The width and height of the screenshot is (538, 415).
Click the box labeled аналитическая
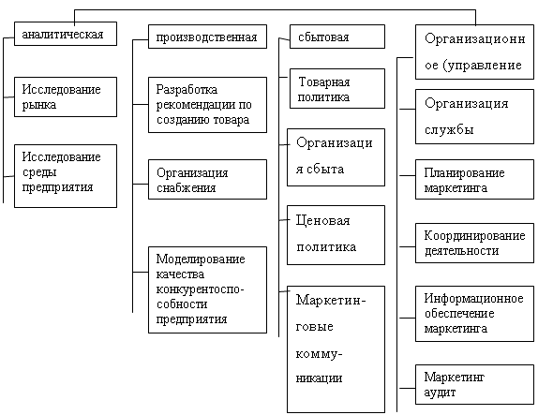pyautogui.click(x=66, y=34)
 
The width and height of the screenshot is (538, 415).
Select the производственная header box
pyautogui.click(x=207, y=37)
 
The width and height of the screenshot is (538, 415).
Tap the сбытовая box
pyautogui.click(x=337, y=37)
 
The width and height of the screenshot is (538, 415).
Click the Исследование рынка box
pyautogui.click(x=66, y=96)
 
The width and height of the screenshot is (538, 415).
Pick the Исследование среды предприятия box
pyautogui.click(x=66, y=176)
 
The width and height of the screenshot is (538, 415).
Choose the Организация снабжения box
pyautogui.click(x=207, y=179)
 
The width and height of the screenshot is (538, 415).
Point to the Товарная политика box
pyautogui.click(x=337, y=88)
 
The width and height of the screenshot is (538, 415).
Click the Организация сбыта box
pyautogui.click(x=336, y=157)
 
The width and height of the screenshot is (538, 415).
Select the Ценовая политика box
pyautogui.click(x=336, y=235)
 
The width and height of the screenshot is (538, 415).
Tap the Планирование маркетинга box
pyautogui.click(x=474, y=179)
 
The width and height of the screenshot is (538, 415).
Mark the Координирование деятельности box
pyautogui.click(x=474, y=244)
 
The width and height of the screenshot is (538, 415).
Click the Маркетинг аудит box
pyautogui.click(x=474, y=384)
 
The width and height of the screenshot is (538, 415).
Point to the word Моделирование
pyautogui.click(x=201, y=259)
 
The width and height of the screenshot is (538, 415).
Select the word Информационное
pyautogui.click(x=474, y=299)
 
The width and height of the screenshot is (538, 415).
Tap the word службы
pyautogui.click(x=449, y=129)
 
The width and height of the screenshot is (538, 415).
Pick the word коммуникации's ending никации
pyautogui.click(x=319, y=378)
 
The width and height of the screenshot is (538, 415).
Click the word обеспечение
pyautogui.click(x=459, y=314)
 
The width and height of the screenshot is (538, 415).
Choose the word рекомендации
pyautogui.click(x=197, y=105)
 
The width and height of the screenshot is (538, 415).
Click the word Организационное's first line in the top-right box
pyautogui.click(x=475, y=38)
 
